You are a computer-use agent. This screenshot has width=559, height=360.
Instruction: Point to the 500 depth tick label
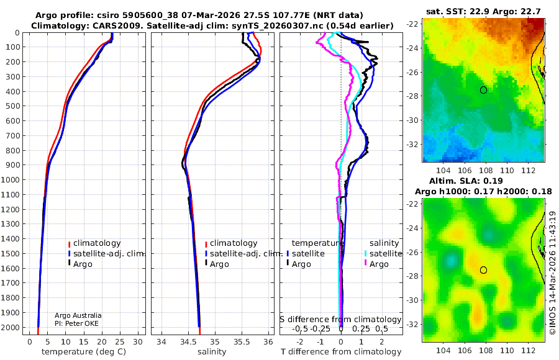click(13, 106)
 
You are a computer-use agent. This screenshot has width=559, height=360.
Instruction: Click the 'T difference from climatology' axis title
click(340, 352)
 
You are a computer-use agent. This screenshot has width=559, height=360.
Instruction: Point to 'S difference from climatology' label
click(340, 320)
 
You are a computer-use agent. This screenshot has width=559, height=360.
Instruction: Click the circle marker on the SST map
click(483, 90)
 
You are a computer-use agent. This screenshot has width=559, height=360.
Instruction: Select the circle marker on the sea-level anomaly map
click(483, 270)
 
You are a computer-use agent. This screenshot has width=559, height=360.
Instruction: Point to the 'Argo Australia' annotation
click(78, 315)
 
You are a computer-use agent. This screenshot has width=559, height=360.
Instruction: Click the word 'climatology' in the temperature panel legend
click(96, 243)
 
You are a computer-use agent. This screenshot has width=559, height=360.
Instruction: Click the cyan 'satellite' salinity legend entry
click(385, 254)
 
